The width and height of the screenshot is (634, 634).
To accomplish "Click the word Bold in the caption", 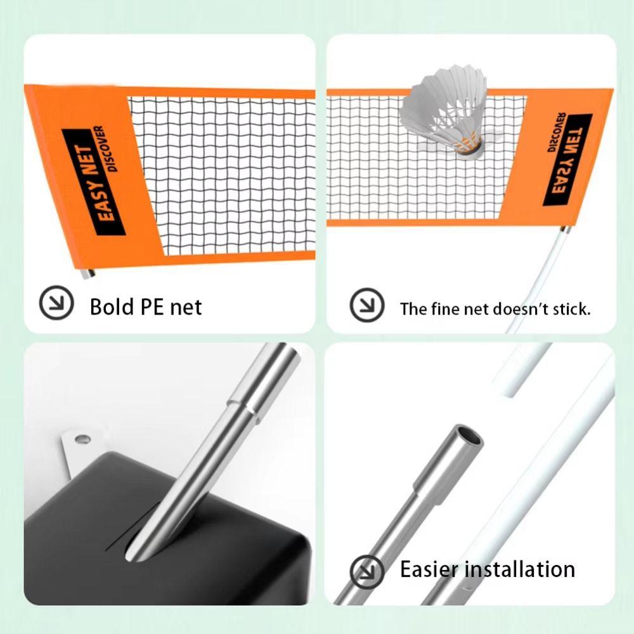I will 112,307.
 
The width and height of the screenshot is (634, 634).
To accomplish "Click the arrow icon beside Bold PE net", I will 53,304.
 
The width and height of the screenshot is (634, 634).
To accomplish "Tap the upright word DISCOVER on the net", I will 106,149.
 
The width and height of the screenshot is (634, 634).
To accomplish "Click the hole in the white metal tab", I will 81,438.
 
